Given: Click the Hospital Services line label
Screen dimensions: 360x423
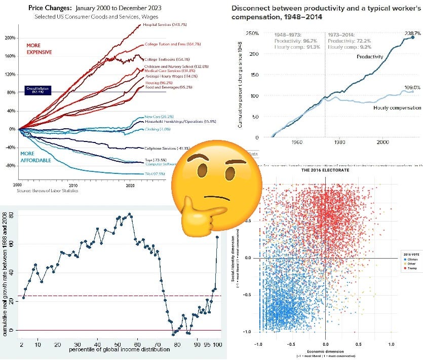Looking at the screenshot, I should (162, 24).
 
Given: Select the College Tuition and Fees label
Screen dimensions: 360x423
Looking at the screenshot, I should (166, 44).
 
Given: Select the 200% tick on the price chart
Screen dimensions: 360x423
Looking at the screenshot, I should (9, 38).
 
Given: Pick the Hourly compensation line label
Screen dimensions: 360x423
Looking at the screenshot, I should (397, 108).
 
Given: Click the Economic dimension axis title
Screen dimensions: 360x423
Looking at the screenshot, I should (324, 351).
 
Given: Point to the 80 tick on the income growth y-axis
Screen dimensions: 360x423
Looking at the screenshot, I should (11, 214).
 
